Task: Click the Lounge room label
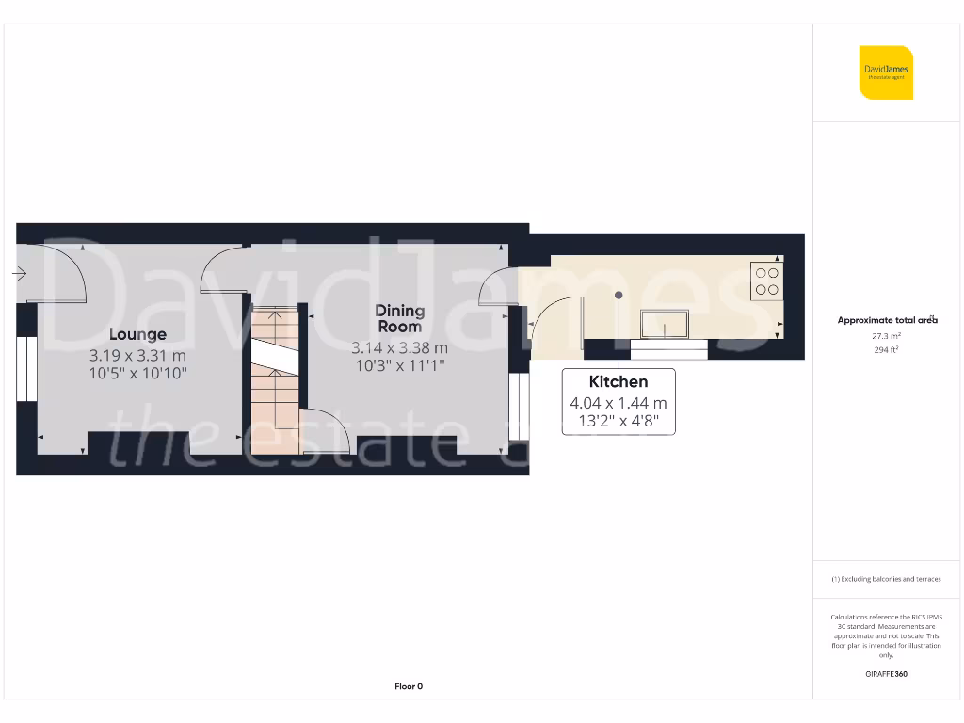(x=137, y=334)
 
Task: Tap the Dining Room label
(x=399, y=318)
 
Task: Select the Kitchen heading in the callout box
(x=618, y=381)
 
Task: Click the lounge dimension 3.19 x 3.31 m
(x=137, y=356)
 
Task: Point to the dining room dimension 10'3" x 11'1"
(x=399, y=365)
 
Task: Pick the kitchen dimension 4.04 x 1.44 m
(x=618, y=403)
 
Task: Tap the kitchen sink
(x=664, y=324)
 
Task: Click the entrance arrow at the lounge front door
(x=19, y=273)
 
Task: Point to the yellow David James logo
(x=886, y=72)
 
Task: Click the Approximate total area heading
(x=888, y=320)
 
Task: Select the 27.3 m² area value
(x=888, y=335)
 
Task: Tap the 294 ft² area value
(x=888, y=350)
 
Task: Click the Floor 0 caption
(x=409, y=686)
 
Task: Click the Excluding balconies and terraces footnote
(x=886, y=579)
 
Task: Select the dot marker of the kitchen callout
(x=619, y=296)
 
